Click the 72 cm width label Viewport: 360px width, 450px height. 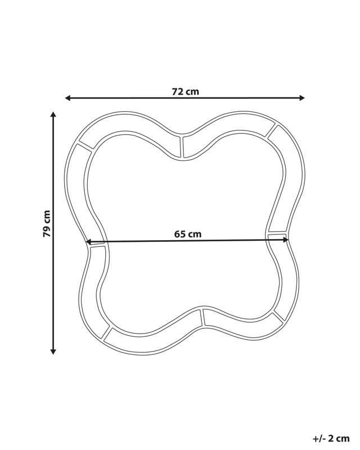[x=185, y=92]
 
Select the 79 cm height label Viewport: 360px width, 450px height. [x=47, y=223]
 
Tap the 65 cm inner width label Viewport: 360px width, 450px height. [x=188, y=234]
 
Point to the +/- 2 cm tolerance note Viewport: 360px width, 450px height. [x=331, y=438]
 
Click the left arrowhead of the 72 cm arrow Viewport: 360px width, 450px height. [x=67, y=98]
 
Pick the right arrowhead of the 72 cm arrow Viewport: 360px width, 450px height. [x=301, y=98]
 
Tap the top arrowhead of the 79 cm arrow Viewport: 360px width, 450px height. [x=53, y=115]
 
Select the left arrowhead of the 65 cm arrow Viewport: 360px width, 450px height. [x=89, y=242]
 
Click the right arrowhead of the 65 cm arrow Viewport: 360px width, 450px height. [x=285, y=240]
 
